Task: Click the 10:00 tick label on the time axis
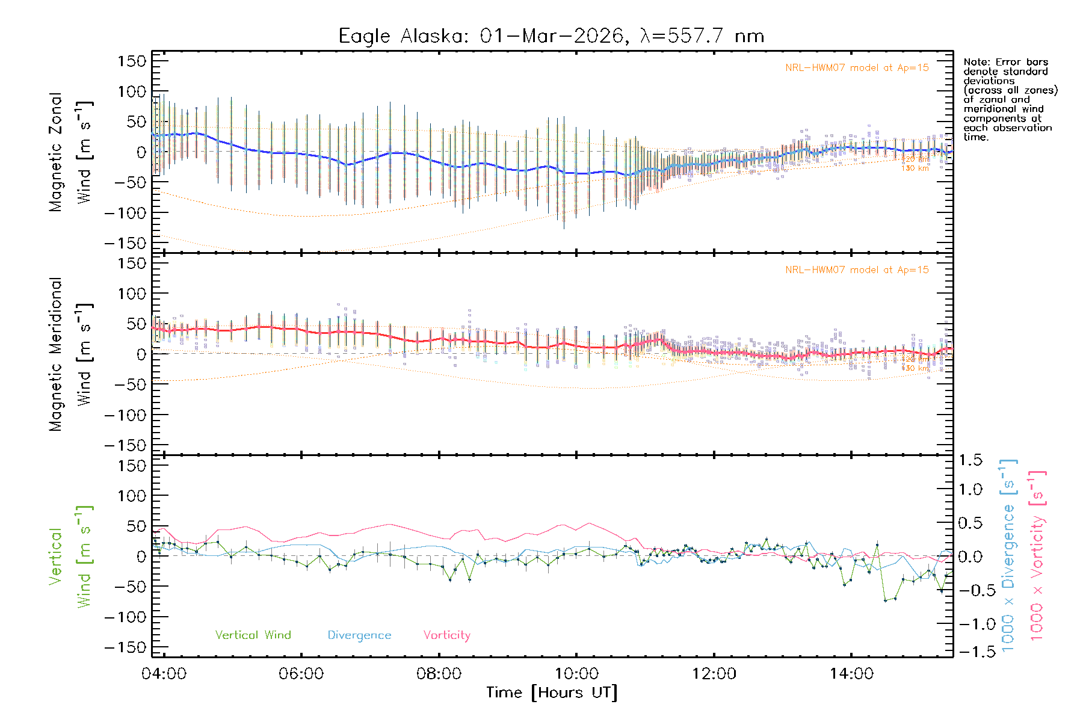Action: pos(576,674)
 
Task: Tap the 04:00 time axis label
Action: pos(164,674)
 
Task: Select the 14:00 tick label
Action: pos(851,674)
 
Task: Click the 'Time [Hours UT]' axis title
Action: pos(552,693)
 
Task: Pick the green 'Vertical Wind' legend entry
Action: pos(253,635)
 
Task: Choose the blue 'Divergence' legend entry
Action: pos(359,635)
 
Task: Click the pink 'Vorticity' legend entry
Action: pos(446,635)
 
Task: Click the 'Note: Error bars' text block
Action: pos(1010,99)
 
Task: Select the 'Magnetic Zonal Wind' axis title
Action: pos(70,152)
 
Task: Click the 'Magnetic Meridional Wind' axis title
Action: pos(70,354)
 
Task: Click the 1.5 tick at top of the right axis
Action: pos(970,460)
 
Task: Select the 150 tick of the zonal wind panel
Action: pos(132,61)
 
